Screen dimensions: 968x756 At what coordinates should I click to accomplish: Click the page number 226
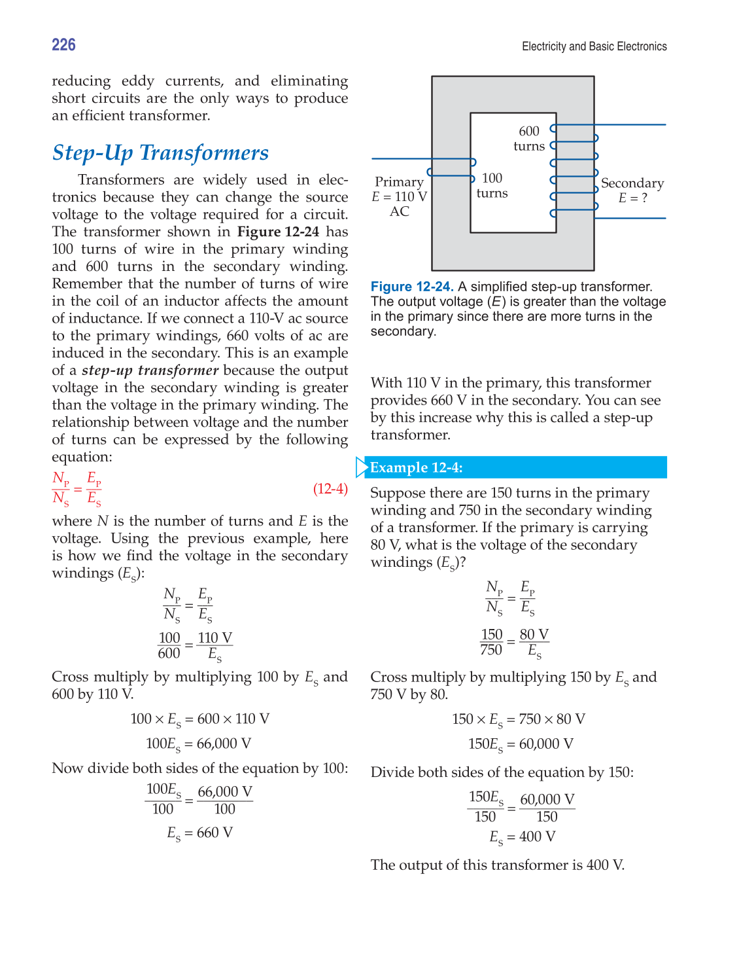pos(63,45)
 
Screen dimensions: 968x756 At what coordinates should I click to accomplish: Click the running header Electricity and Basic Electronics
pos(594,46)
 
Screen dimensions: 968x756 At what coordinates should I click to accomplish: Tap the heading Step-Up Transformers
pos(160,152)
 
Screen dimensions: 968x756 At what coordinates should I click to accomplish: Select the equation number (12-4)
pos(330,489)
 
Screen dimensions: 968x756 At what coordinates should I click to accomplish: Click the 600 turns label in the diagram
pos(529,139)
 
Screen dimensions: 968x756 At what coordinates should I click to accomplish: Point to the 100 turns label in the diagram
pos(492,185)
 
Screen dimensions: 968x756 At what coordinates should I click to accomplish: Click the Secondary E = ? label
pos(632,190)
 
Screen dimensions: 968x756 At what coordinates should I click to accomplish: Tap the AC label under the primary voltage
pos(400,211)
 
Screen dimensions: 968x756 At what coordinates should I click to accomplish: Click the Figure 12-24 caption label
pos(412,287)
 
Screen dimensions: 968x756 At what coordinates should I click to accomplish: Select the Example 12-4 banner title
pos(417,467)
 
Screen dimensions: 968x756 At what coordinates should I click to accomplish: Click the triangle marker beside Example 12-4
pos(362,467)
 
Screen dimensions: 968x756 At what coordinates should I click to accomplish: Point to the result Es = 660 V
pos(199,833)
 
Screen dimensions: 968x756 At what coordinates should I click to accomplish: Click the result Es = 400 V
pos(523,837)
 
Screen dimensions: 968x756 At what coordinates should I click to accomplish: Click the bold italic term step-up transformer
pos(150,370)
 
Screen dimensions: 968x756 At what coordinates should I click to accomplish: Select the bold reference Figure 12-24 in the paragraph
pos(278,232)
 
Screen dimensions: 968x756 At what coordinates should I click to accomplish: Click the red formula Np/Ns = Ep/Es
pos(77,489)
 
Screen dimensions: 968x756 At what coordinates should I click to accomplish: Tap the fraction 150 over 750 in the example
pos(492,642)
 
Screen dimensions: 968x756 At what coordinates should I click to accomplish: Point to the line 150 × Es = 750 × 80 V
pos(519,719)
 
